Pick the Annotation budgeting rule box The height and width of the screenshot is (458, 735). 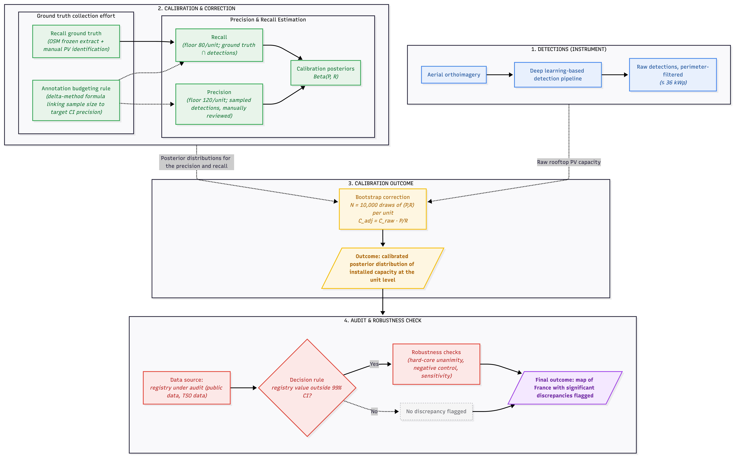point(76,100)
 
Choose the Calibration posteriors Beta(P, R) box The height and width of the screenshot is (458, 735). point(325,73)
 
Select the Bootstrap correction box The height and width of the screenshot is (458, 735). point(383,209)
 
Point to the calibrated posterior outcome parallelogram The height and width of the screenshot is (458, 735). point(383,268)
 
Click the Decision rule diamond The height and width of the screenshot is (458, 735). point(307,388)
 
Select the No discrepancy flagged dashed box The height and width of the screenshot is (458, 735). point(436,411)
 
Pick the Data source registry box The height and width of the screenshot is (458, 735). point(187,388)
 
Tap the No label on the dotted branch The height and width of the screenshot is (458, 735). point(374,411)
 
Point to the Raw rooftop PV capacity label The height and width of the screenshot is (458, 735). point(569,162)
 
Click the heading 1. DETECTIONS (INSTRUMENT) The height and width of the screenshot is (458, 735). point(569,49)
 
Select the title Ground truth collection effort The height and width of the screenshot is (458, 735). point(76,16)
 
